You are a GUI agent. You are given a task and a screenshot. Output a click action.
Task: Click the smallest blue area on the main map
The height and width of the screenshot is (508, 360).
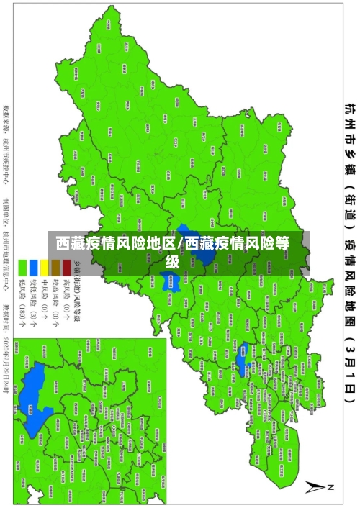click(243, 335)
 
